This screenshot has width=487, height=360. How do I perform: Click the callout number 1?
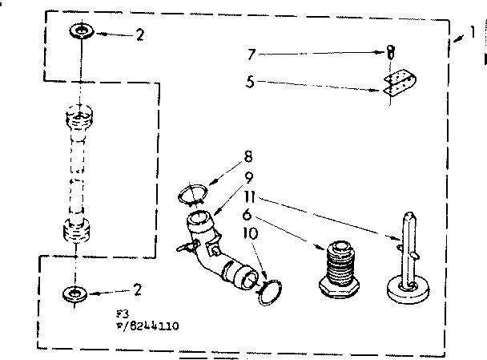tap(472, 34)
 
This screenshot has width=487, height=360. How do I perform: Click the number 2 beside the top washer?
tap(140, 34)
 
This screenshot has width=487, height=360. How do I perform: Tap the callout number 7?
tap(251, 54)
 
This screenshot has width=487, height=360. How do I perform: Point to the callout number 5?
tap(251, 80)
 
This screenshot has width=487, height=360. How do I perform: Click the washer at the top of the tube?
tap(80, 31)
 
